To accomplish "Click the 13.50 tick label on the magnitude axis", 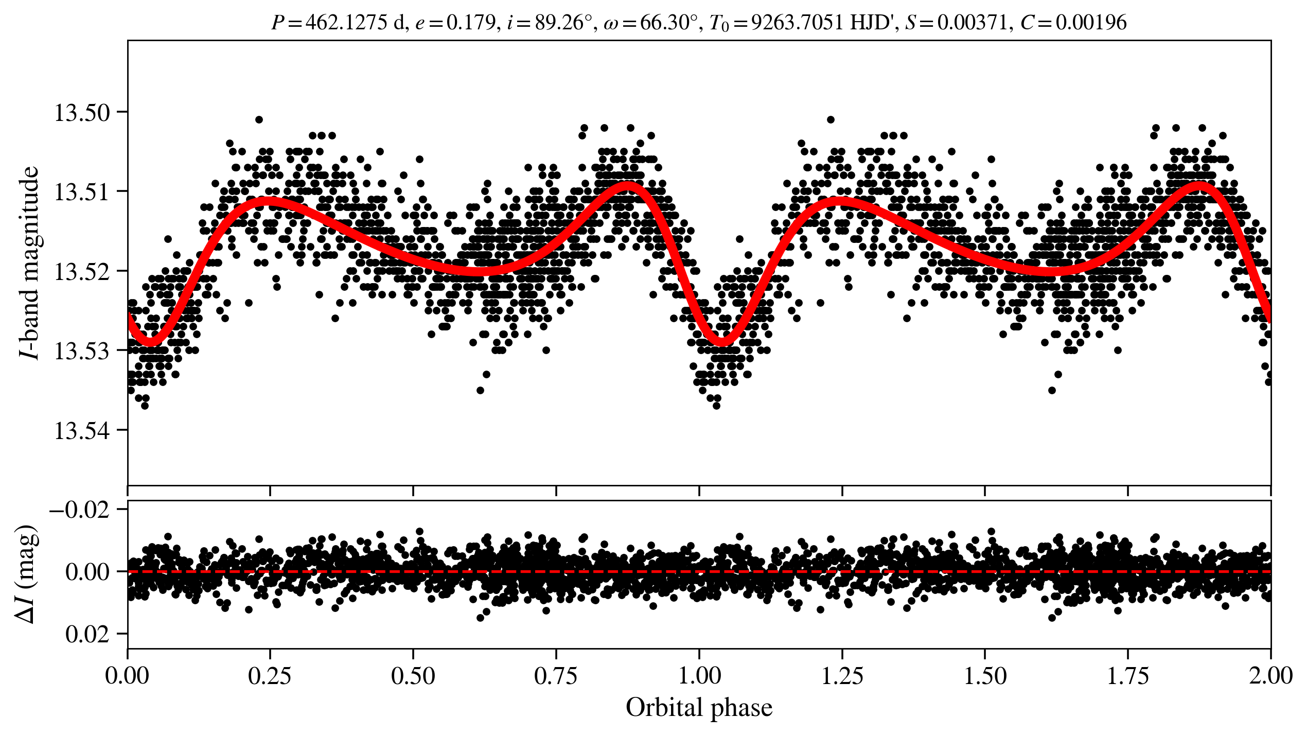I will pos(82,113).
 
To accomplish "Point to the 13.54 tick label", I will pos(82,430).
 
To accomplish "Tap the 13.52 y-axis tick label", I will pos(82,272).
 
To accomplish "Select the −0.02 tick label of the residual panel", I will pos(79,510).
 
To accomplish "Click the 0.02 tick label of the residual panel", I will pos(87,635).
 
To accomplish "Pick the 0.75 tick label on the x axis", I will pos(556,676).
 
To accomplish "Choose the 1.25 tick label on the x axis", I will pos(842,676).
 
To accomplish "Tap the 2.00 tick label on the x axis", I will pos(1270,676).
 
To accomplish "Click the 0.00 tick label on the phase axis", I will pos(128,676).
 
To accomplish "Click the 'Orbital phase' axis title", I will pos(699,708).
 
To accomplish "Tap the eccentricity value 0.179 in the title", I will pos(470,23).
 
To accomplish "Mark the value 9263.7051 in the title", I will pos(797,23).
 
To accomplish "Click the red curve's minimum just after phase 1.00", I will pos(722,341).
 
